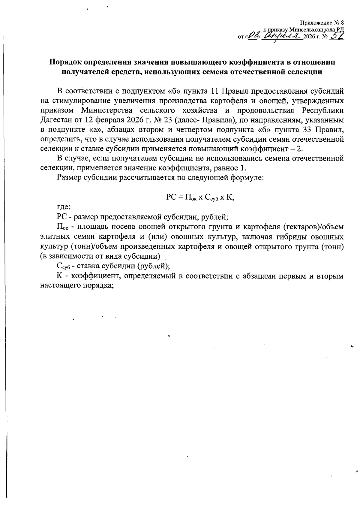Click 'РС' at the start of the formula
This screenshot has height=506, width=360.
point(171,197)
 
